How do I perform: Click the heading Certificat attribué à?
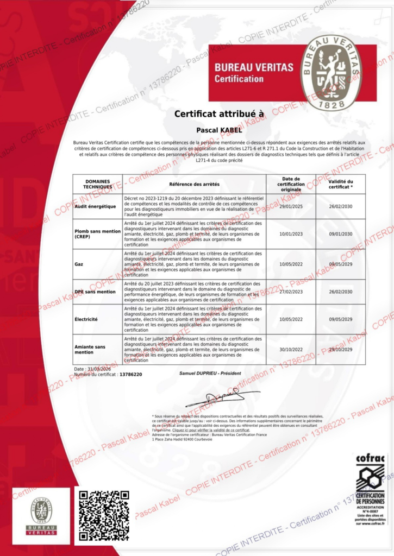click(218, 114)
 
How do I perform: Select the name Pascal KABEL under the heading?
click(218, 130)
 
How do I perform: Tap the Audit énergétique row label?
click(96, 206)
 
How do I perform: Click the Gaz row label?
click(79, 264)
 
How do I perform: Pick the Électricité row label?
click(86, 319)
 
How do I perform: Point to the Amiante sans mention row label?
click(90, 349)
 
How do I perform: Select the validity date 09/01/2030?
click(341, 234)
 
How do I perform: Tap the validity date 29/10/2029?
click(341, 349)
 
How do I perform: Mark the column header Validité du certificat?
click(341, 184)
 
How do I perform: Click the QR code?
click(104, 515)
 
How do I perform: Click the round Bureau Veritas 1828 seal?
click(331, 73)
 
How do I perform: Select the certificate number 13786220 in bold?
click(130, 375)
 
